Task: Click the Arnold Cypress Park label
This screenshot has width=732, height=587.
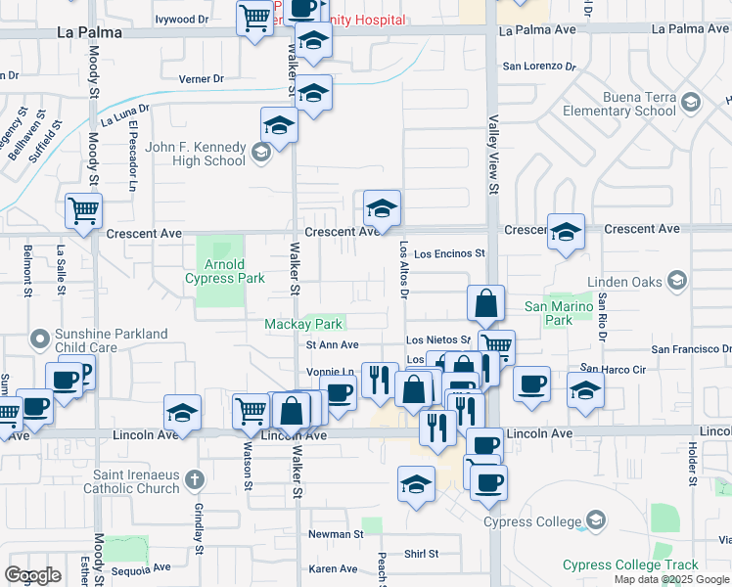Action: point(224,271)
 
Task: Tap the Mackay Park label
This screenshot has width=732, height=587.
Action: point(303,324)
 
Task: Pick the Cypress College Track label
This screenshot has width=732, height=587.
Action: point(630,564)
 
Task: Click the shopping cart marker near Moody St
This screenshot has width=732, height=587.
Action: point(84,210)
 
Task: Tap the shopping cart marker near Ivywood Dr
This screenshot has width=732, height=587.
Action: point(254,18)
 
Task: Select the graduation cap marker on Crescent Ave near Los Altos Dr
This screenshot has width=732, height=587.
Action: point(382,207)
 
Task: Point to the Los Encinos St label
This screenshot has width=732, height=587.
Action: point(449,253)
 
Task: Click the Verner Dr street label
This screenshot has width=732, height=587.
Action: point(201,78)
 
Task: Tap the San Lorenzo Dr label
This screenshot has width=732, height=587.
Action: point(538,67)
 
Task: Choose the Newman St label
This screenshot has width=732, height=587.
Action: point(336,534)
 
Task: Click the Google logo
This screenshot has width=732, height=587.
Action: point(32,575)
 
